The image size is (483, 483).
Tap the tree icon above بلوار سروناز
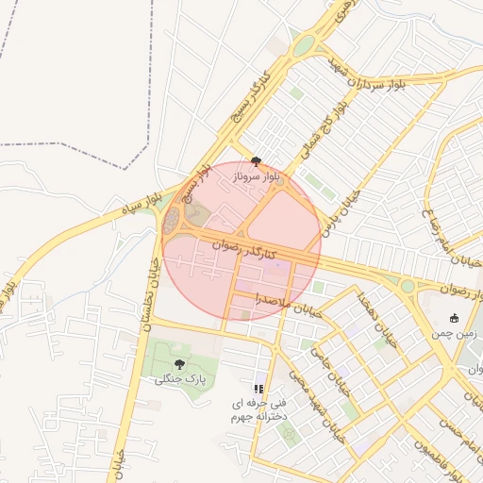256,161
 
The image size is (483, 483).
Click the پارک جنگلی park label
180,379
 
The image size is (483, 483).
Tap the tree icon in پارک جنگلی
179,363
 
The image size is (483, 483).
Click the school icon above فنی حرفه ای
258,389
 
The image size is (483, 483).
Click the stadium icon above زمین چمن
455,318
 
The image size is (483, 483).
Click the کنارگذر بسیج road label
251,98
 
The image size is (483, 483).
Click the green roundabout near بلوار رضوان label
408,285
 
